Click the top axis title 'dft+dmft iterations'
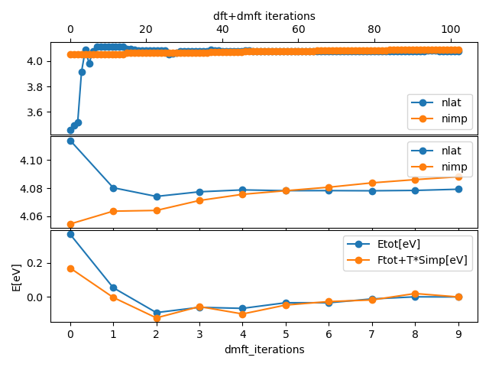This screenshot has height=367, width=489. tap(264, 15)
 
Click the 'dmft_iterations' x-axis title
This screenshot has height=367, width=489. tap(264, 349)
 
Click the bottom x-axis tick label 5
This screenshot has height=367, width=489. tap(286, 333)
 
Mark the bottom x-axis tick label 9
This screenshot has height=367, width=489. tap(458, 333)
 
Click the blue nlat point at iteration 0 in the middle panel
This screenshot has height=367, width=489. tap(70, 141)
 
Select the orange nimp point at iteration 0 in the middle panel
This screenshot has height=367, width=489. tap(70, 224)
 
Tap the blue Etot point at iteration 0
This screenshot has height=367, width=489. tap(70, 234)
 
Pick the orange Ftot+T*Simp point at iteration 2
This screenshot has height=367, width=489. tap(157, 317)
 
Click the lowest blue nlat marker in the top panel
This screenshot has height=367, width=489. tap(70, 130)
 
